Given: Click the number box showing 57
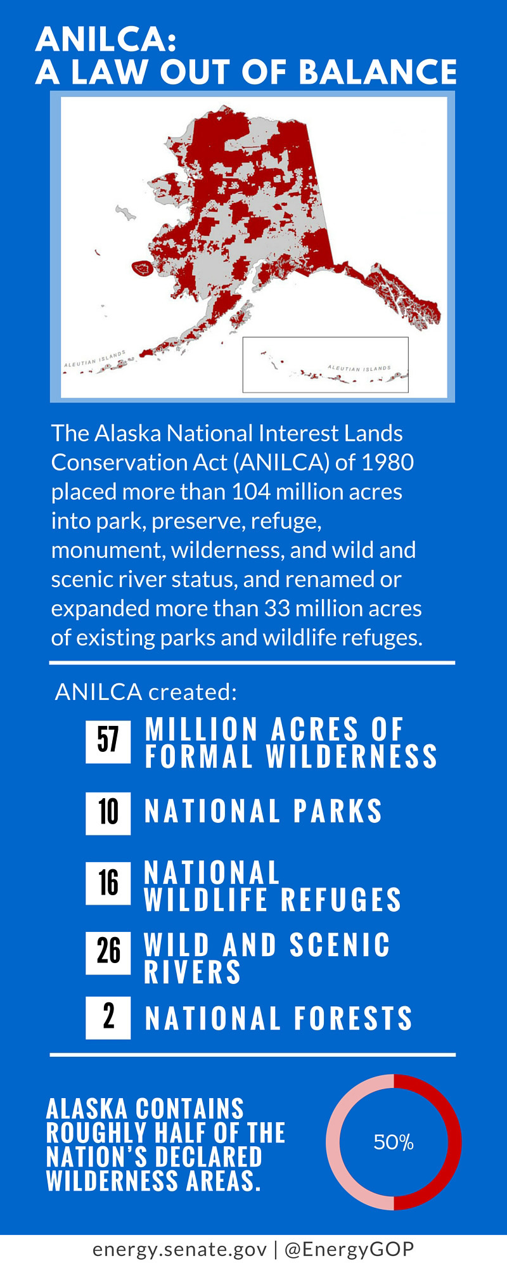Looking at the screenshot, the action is (108, 741).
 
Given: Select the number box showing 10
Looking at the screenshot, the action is (108, 813).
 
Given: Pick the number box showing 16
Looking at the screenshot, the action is (108, 883).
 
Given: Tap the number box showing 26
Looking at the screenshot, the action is (108, 952).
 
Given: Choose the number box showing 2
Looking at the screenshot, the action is (108, 1018).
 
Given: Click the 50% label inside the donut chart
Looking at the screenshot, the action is (394, 1142).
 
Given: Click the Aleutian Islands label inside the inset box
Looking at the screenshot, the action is (359, 368).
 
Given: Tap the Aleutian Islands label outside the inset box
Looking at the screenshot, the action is (95, 359).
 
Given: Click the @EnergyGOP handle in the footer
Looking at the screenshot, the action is (349, 1249).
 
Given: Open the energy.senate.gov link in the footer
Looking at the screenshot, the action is (180, 1249).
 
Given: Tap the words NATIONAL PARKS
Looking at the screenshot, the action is (264, 811).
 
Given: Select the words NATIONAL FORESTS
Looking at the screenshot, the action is (279, 1018).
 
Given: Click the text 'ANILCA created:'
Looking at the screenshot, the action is (146, 692).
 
